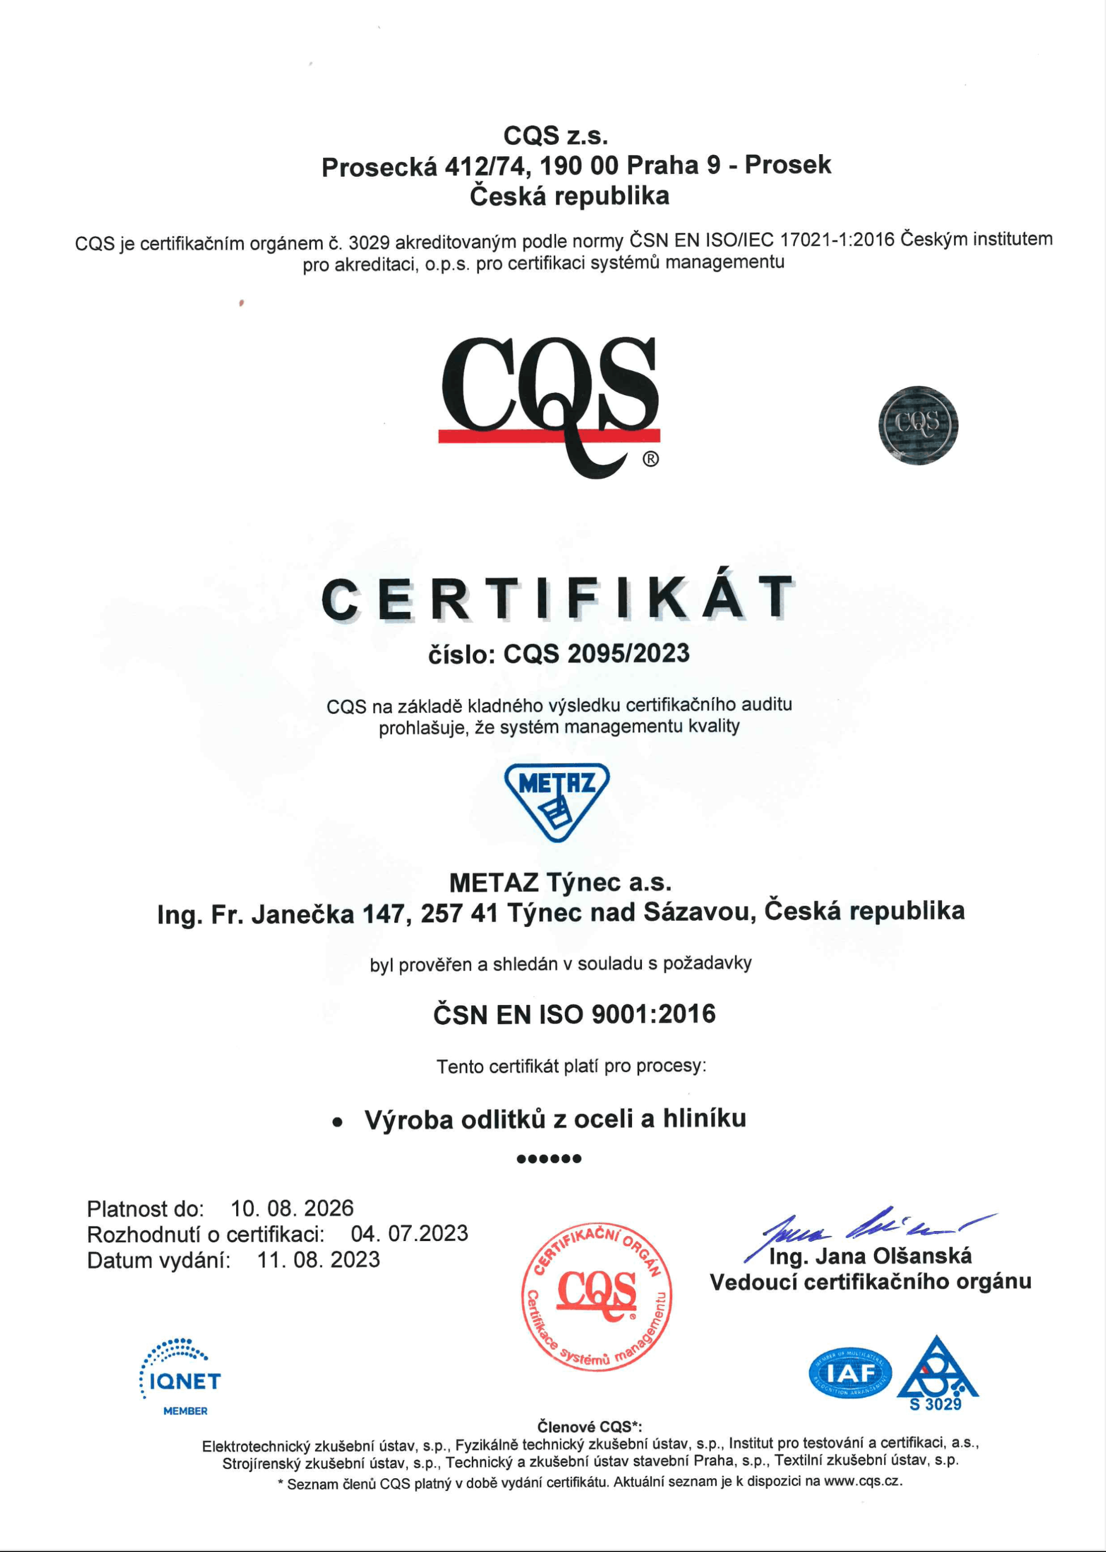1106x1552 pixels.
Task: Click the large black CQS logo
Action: (x=549, y=402)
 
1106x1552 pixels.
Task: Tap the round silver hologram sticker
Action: (x=918, y=426)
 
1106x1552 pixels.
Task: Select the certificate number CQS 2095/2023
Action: (x=596, y=654)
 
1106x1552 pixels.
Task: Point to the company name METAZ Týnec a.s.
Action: (x=560, y=883)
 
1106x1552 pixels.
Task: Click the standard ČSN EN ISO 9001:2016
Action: (x=574, y=1014)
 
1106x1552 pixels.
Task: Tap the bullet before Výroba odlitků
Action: (x=337, y=1122)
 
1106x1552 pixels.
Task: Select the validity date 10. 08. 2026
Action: (x=292, y=1208)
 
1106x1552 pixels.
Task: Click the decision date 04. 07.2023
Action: (x=409, y=1233)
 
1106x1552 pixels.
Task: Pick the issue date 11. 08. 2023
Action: (x=318, y=1259)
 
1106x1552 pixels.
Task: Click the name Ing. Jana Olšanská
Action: (x=870, y=1255)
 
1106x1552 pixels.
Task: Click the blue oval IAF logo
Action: (x=850, y=1373)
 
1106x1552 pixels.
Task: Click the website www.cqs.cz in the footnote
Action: (x=862, y=1481)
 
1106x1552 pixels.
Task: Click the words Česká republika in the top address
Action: (x=569, y=196)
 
